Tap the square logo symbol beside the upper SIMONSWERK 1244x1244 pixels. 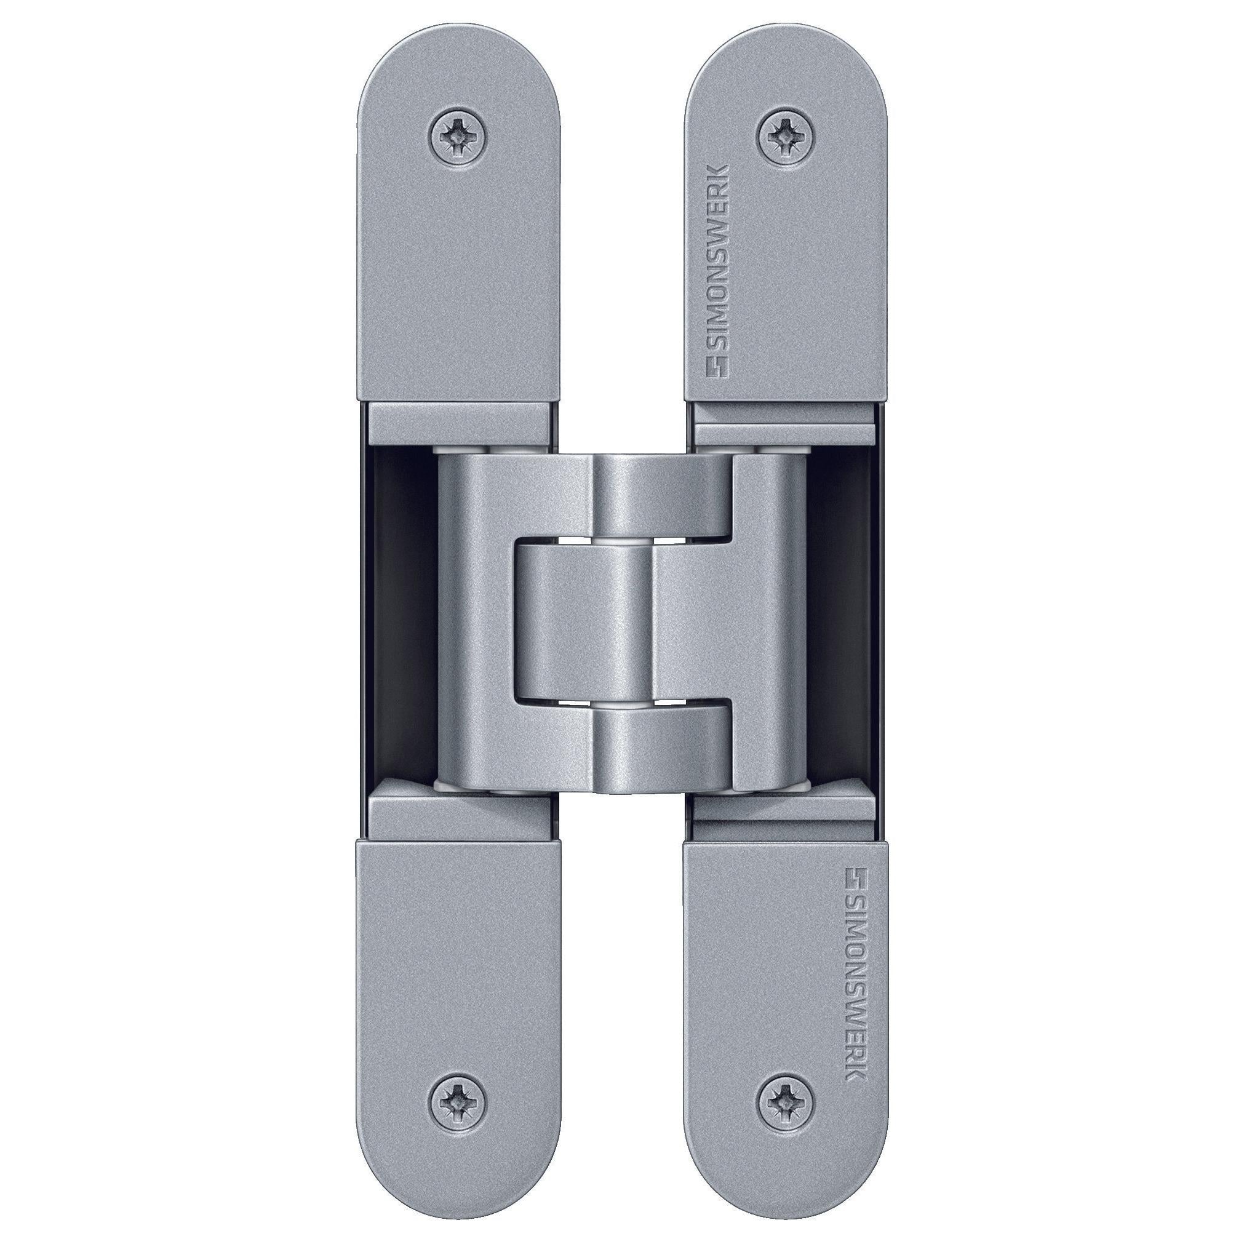pyautogui.click(x=716, y=367)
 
